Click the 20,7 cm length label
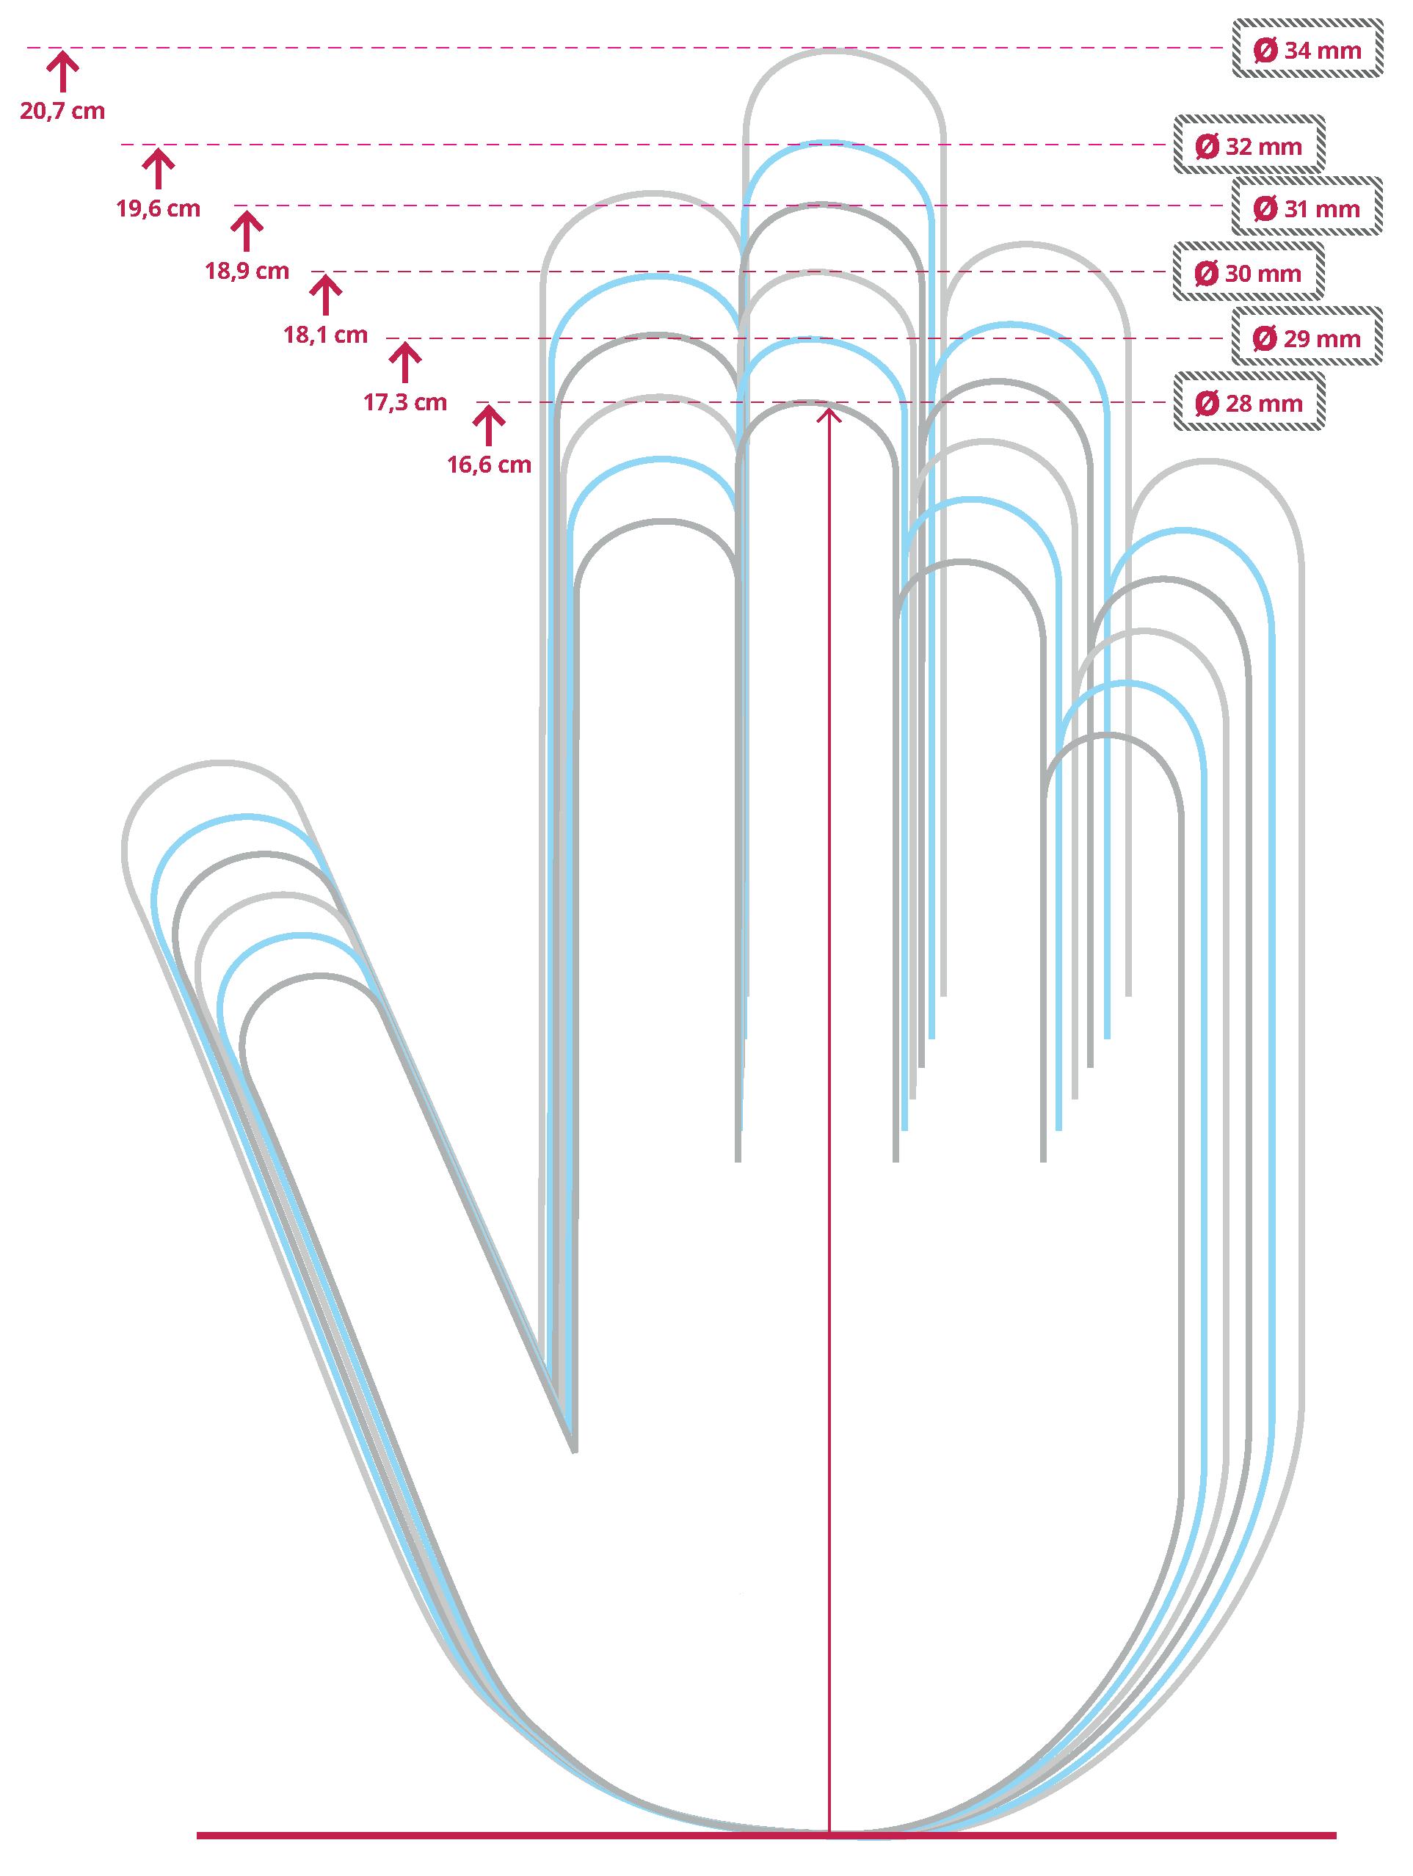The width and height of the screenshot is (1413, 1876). click(x=63, y=111)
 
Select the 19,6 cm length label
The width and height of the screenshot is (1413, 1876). click(x=159, y=208)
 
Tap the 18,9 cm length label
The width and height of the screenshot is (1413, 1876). click(x=247, y=272)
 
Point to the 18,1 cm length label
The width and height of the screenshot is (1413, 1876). click(x=326, y=335)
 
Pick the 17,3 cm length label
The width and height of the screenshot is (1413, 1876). click(x=405, y=402)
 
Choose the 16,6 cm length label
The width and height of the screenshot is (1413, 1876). click(x=490, y=465)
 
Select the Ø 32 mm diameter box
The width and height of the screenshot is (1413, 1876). click(x=1249, y=147)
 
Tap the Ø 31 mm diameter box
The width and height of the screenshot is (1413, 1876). click(x=1307, y=208)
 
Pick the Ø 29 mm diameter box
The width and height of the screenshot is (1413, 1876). click(x=1307, y=338)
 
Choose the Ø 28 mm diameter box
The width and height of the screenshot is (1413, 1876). click(x=1249, y=403)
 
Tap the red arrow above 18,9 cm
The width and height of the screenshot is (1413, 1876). click(x=247, y=231)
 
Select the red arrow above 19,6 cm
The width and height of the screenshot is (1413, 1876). click(x=158, y=168)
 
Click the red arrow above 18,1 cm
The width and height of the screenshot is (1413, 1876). click(x=325, y=294)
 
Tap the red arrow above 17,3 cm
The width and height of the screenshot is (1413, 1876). click(x=404, y=361)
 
